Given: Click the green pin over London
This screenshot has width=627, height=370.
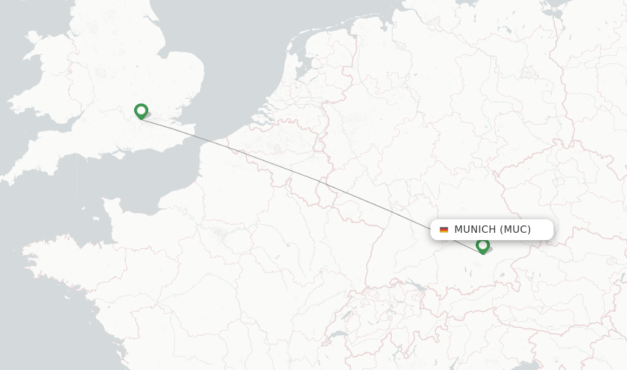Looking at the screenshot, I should (x=141, y=111).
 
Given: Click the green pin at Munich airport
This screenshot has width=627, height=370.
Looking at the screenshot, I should (x=482, y=246).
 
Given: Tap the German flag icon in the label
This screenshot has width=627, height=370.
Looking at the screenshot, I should (x=444, y=230).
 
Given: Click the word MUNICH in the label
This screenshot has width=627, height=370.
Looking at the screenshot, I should (x=475, y=230).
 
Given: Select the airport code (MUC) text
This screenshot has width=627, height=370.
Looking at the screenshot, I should (x=515, y=230).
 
